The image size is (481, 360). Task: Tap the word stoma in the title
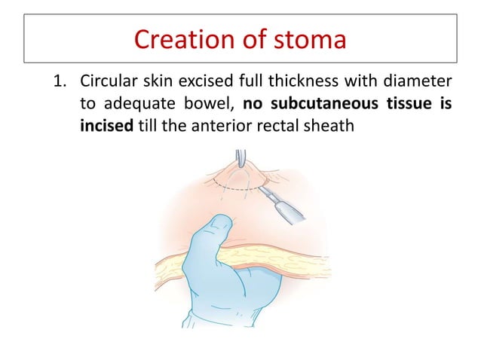click(x=308, y=38)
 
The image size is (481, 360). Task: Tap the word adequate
click(x=138, y=103)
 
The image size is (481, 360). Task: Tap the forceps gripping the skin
click(x=240, y=160)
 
